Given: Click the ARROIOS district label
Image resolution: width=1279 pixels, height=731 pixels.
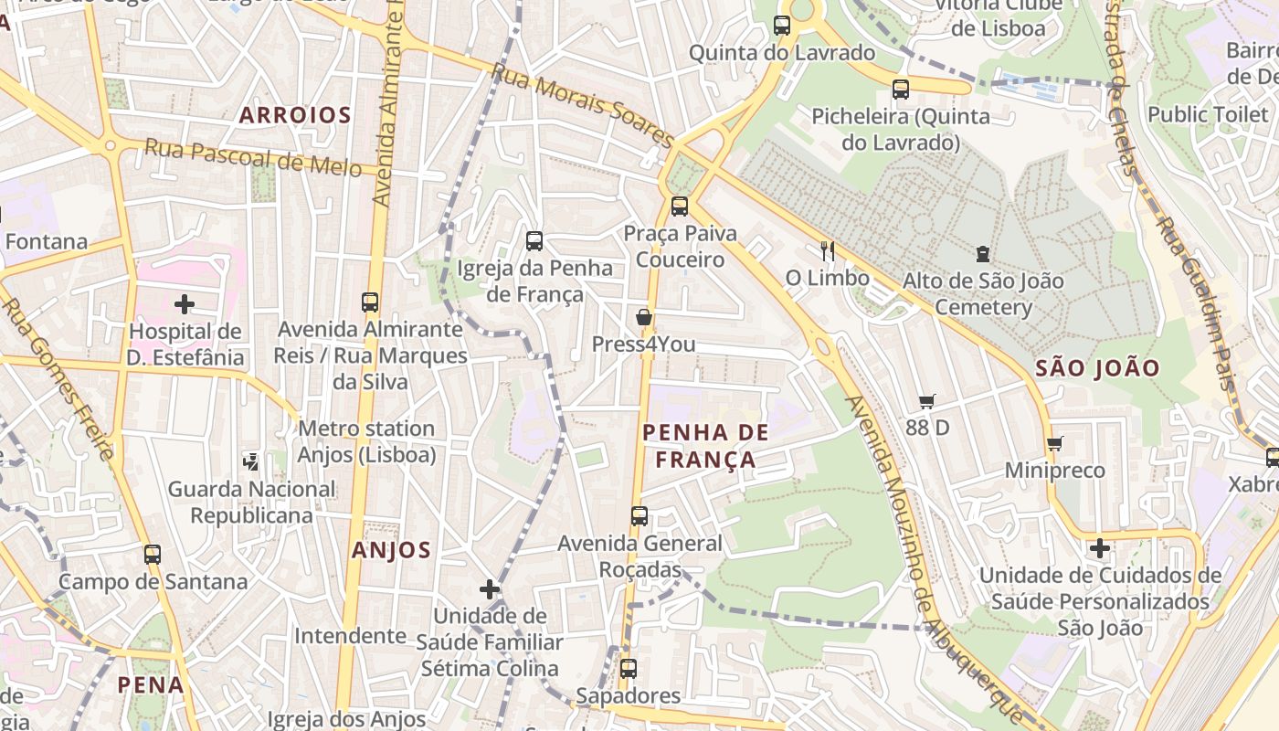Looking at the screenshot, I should [295, 115].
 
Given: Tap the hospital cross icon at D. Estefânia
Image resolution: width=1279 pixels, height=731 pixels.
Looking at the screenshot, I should [185, 303].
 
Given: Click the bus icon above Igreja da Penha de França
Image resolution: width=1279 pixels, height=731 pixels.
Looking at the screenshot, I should [534, 241].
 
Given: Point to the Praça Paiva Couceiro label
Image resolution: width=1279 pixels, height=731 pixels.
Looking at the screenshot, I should [680, 247].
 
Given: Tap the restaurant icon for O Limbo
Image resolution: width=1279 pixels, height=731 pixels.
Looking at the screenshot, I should [828, 250].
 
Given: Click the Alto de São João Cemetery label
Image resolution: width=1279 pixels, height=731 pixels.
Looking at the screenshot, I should [983, 293].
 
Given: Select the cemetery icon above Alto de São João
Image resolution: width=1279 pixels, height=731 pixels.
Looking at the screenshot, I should [983, 253].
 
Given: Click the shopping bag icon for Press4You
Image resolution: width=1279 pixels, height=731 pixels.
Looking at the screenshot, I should [644, 317].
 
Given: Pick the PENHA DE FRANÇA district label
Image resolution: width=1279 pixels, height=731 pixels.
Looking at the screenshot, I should [706, 446].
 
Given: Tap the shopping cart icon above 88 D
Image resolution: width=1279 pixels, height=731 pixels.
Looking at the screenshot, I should [927, 400].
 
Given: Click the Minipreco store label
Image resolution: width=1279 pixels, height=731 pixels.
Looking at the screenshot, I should [1055, 471].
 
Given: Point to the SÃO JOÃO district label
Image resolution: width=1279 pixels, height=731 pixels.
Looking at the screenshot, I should [1098, 369].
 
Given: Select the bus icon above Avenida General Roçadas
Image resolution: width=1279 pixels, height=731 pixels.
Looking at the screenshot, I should [639, 516].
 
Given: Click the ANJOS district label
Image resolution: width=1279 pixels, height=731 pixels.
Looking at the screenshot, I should [391, 550].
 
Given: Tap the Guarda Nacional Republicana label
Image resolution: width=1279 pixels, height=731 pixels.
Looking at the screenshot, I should [252, 502].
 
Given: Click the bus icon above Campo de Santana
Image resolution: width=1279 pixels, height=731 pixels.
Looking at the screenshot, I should [153, 554].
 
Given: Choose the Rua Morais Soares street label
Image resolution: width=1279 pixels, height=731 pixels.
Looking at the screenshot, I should [582, 105].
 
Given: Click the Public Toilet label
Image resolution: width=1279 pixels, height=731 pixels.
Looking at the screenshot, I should [1208, 114].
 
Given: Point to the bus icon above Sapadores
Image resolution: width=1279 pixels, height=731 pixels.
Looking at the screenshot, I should [628, 668].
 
